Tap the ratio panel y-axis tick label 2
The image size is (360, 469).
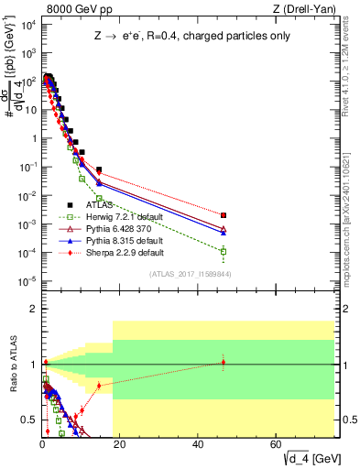pyautogui.click(x=32, y=309)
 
